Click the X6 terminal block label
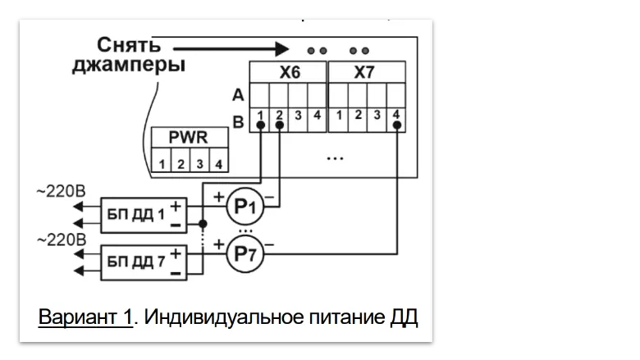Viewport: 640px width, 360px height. click(x=289, y=72)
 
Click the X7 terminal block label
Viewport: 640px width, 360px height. click(x=364, y=72)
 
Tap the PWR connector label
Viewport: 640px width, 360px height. click(x=188, y=137)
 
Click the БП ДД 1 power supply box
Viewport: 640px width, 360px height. click(x=142, y=215)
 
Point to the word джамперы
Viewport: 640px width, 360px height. click(x=127, y=66)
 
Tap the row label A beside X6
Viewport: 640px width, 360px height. click(x=237, y=97)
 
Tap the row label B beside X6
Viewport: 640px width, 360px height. click(x=237, y=122)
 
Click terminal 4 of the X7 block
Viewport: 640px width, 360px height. click(x=396, y=115)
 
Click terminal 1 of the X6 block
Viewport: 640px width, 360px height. click(x=260, y=115)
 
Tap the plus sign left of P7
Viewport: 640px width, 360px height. click(x=218, y=244)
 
